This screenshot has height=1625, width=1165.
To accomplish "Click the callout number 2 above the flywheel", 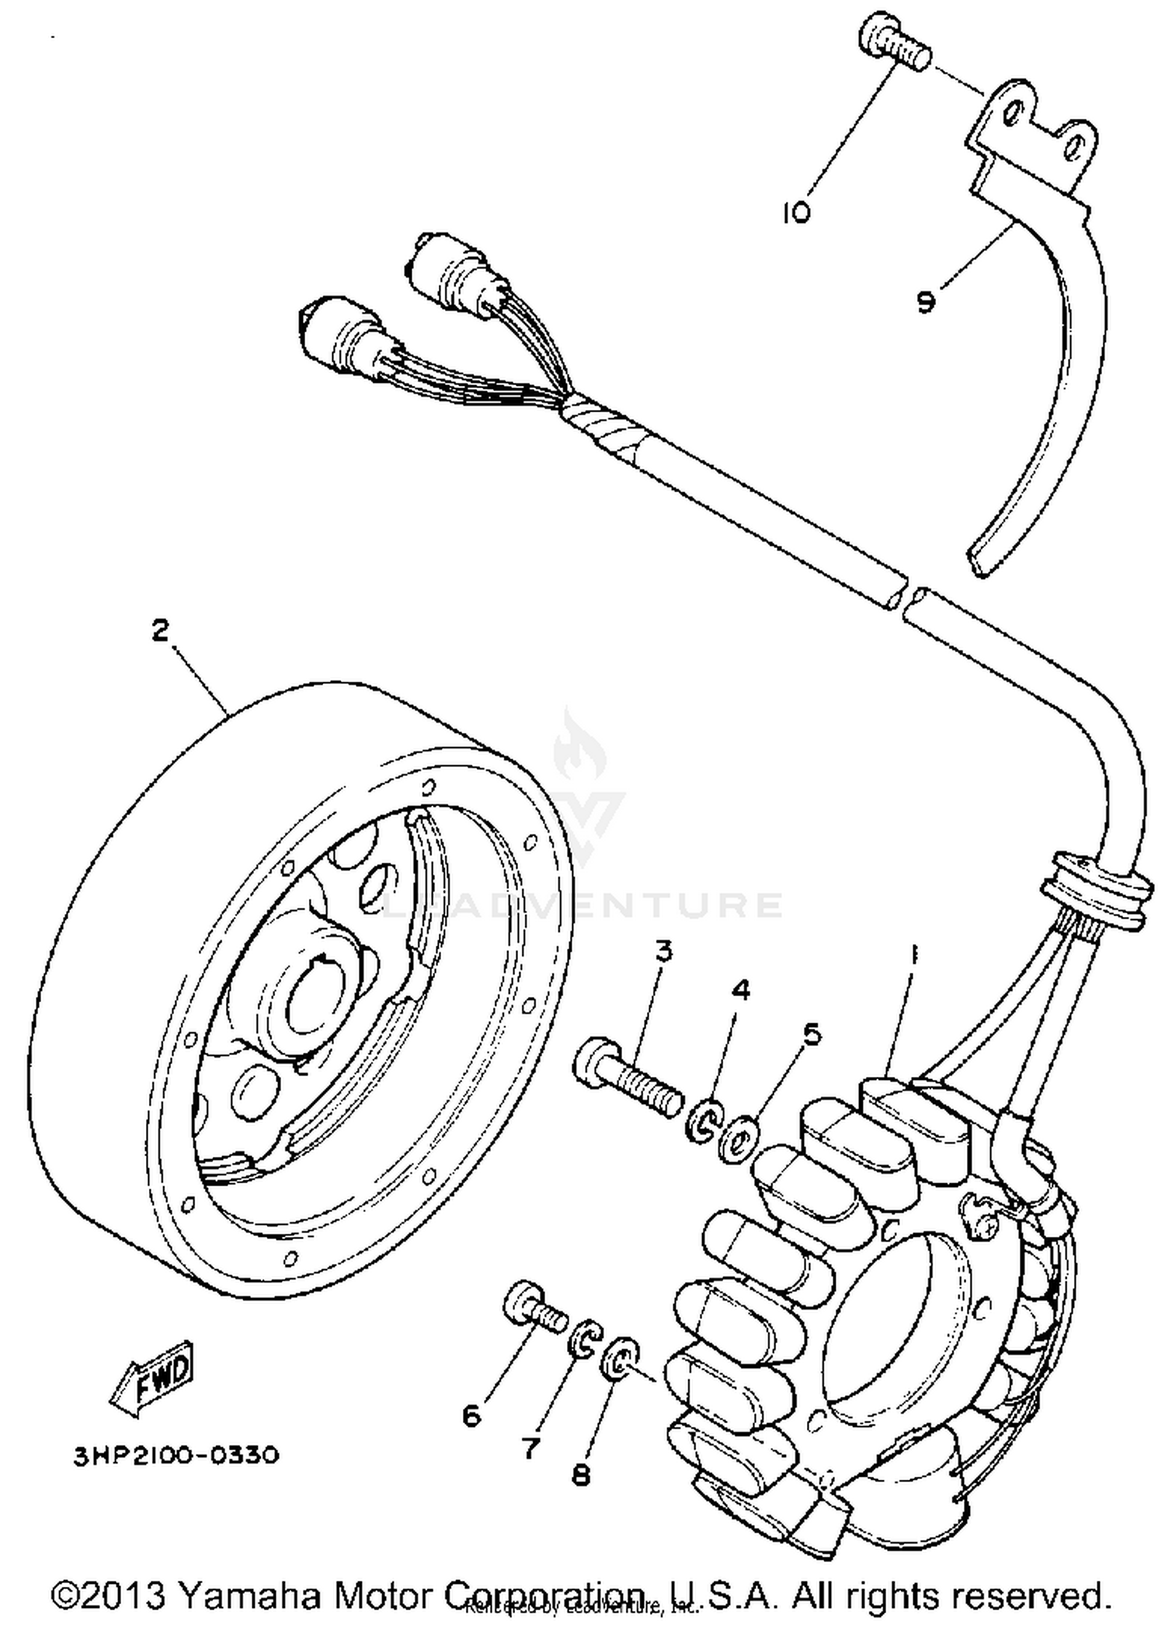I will click(159, 630).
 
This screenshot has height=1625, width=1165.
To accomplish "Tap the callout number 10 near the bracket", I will click(795, 212).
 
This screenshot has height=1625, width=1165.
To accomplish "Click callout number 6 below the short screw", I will click(471, 1415).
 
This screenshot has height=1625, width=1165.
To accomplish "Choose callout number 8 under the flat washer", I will click(581, 1474).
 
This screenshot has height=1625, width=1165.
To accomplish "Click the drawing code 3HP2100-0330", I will click(176, 1454).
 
